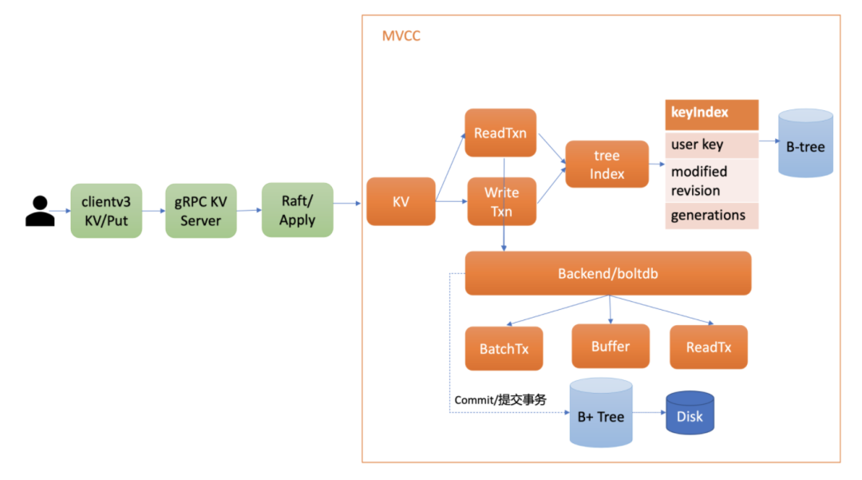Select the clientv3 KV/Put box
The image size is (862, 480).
(105, 211)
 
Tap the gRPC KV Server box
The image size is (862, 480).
(201, 211)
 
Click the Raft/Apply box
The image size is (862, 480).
(297, 210)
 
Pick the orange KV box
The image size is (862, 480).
(401, 202)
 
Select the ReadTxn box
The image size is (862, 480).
(500, 133)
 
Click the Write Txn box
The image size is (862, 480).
(501, 202)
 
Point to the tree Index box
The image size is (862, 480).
(607, 165)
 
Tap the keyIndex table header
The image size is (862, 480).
(711, 113)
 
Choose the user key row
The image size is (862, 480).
(711, 145)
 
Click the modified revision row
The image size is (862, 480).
(711, 180)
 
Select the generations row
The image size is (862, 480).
(711, 215)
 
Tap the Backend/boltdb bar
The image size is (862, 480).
(608, 274)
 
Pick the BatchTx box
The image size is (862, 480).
(504, 348)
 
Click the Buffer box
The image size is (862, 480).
(611, 347)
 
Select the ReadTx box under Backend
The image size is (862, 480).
(709, 347)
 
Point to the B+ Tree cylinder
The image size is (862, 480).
(600, 413)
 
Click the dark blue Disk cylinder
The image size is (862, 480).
(690, 413)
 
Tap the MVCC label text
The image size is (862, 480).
(402, 36)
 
